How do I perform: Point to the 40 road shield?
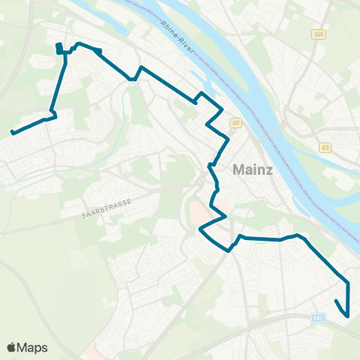click(x=235, y=123)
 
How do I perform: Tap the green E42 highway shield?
click(x=318, y=318)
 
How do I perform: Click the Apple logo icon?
click(x=11, y=347)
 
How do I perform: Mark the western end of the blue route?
click(x=12, y=133)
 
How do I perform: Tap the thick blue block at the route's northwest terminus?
click(x=58, y=49)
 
